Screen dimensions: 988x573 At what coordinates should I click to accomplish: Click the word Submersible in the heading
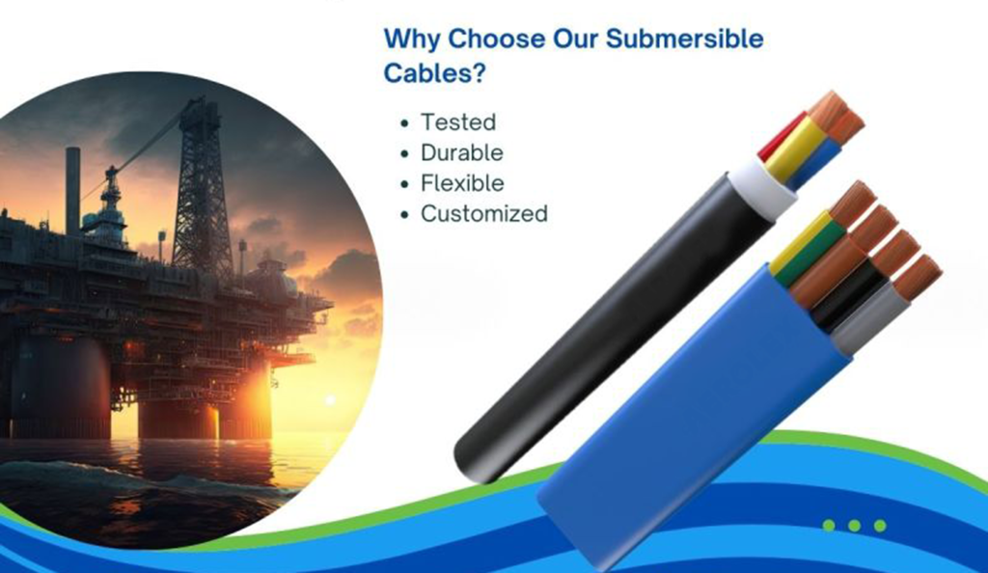(684, 39)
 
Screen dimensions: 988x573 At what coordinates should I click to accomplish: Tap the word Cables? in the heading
(435, 73)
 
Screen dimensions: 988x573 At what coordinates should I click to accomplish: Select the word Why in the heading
(412, 40)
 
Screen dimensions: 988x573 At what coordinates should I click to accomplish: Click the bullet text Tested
(458, 123)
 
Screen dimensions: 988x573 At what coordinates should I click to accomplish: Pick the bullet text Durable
(462, 152)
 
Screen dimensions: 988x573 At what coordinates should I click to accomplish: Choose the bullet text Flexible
(462, 183)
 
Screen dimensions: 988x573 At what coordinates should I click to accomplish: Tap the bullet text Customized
(484, 213)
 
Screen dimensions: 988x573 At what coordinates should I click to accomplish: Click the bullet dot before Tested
(404, 123)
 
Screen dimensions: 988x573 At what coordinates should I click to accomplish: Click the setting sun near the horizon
(329, 400)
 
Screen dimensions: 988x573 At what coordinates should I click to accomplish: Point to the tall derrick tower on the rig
(201, 189)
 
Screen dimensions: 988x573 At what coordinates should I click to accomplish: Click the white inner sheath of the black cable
(768, 186)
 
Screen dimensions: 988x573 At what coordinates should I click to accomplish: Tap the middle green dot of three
(855, 525)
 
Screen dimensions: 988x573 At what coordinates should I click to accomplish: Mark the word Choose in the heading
(497, 39)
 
